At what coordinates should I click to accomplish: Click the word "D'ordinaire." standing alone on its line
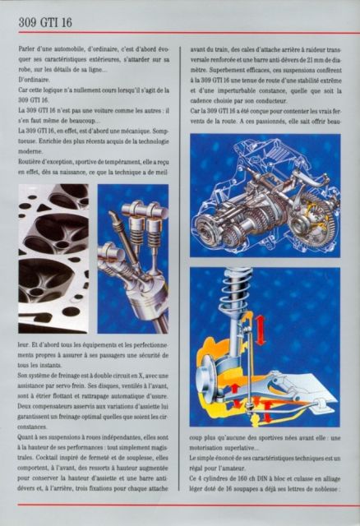(36, 81)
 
